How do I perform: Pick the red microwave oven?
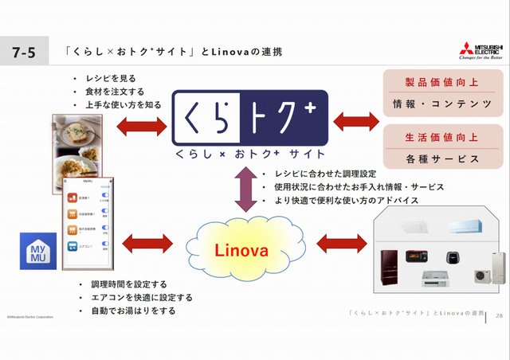pyautogui.click(x=419, y=256)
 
